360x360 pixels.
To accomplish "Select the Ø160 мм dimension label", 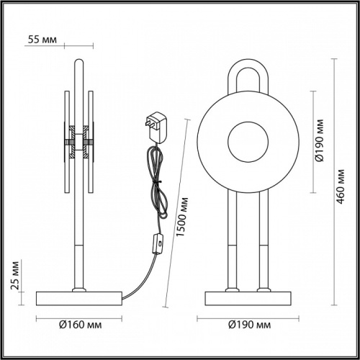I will click(78, 324).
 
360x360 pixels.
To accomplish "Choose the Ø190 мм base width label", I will click(248, 324).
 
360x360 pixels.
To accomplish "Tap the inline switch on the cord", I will click(155, 245).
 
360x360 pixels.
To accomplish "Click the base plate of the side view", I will click(79, 298).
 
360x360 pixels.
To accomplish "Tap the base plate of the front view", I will click(248, 298).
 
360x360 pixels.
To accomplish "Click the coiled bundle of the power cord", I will click(154, 180).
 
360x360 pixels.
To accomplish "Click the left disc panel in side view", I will click(66, 144).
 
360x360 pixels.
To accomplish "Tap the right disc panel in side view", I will click(91, 144).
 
